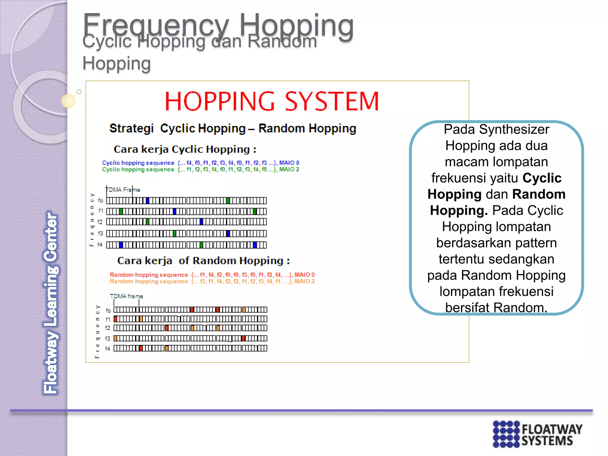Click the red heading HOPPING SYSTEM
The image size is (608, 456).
[x=272, y=102]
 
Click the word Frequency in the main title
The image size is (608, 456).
[x=156, y=25]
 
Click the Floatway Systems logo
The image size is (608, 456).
[x=537, y=434]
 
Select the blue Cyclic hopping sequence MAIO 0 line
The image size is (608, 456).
[x=200, y=163]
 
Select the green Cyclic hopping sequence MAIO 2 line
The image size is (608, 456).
[x=200, y=170]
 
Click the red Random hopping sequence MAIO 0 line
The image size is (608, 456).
[x=212, y=275]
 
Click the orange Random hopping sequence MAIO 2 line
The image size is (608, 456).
[x=212, y=281]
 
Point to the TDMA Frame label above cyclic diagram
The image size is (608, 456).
[x=123, y=190]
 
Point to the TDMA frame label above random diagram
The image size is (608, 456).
[x=126, y=296]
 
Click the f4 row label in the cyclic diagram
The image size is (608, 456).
[x=100, y=245]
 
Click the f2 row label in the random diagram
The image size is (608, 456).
[x=107, y=328]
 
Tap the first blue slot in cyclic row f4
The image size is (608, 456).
[x=121, y=245]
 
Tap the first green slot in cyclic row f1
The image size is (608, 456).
[x=121, y=211]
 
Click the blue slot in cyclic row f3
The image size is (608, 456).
[x=228, y=234]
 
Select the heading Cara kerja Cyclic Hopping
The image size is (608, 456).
[x=185, y=149]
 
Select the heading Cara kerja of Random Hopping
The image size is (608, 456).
[x=203, y=261]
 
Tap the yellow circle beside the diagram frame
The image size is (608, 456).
[x=68, y=101]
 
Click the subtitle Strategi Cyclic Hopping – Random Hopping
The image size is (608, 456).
[x=232, y=129]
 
